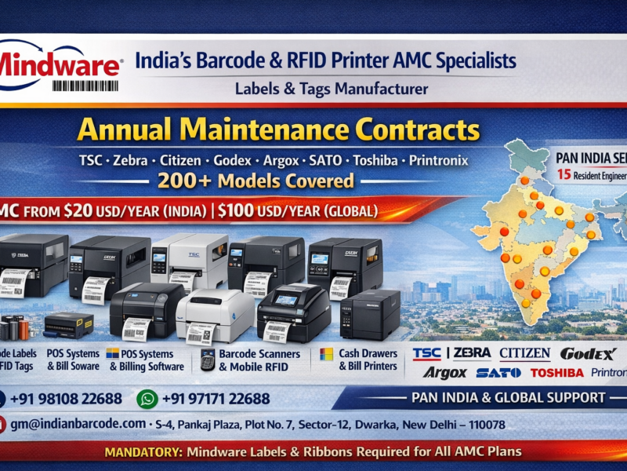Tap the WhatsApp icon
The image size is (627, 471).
click(147, 399)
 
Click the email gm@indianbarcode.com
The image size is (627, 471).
click(78, 424)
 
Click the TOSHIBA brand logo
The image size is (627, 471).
click(556, 372)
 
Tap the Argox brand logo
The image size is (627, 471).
click(444, 372)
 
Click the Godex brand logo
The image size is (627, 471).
click(588, 353)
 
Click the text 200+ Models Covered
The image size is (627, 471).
click(255, 181)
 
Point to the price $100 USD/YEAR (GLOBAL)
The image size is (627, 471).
click(297, 211)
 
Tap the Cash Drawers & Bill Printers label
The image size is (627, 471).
click(368, 360)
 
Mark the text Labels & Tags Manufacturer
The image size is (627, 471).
click(332, 89)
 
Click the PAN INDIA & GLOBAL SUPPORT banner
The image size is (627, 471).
click(508, 398)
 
